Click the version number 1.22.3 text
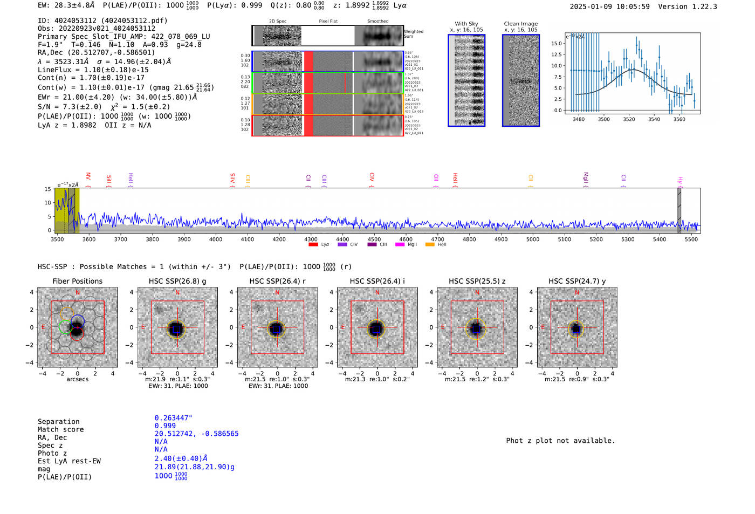click(704, 6)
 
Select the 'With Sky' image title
click(466, 24)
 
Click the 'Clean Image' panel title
click(520, 24)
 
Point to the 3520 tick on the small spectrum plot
click(629, 119)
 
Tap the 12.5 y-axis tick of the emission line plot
click(556, 54)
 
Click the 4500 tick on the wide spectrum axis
click(374, 239)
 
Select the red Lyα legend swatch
click(313, 245)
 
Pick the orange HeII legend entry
click(436, 245)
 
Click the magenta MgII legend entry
click(406, 245)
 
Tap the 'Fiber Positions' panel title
click(77, 281)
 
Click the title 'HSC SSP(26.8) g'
click(177, 281)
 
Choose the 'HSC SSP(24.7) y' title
click(577, 281)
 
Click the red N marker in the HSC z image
click(477, 293)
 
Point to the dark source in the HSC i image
click(376, 328)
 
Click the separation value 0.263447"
click(173, 418)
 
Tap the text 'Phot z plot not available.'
click(560, 441)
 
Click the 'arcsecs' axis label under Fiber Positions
click(77, 379)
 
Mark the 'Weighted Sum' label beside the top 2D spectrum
click(414, 34)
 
